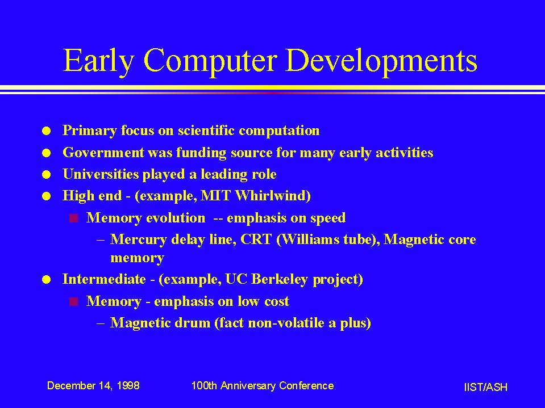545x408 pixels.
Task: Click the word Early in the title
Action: pyautogui.click(x=98, y=61)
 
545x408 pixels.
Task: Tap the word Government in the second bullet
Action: pyautogui.click(x=103, y=153)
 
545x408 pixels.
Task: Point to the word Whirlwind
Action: pyautogui.click(x=273, y=196)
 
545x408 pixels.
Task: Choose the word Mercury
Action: pyautogui.click(x=138, y=240)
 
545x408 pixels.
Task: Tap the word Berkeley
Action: pyautogui.click(x=280, y=280)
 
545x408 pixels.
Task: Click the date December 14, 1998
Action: pyautogui.click(x=93, y=386)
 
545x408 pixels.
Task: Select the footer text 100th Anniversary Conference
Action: pyautogui.click(x=263, y=386)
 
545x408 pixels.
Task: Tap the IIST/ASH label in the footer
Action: pyautogui.click(x=485, y=387)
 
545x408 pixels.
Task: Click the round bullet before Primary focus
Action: pyautogui.click(x=46, y=131)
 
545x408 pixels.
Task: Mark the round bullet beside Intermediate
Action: pyautogui.click(x=46, y=280)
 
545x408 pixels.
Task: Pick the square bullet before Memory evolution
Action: pyautogui.click(x=74, y=218)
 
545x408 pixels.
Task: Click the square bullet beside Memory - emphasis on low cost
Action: pyautogui.click(x=74, y=302)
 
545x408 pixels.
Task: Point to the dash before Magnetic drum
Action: pyautogui.click(x=101, y=323)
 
